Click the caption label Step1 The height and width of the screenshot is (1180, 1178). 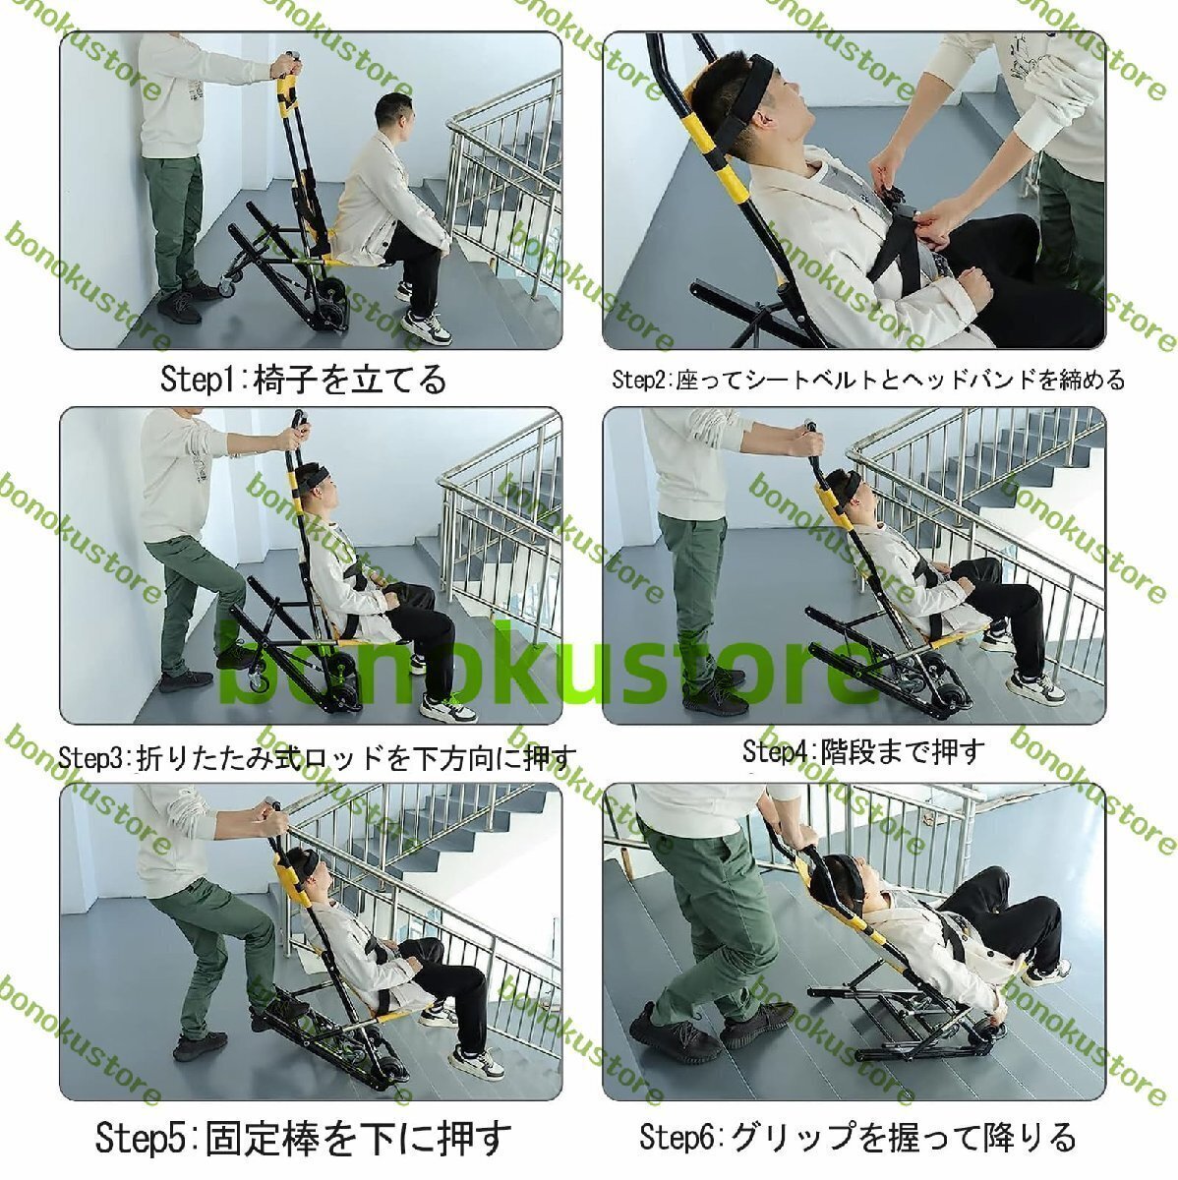pyautogui.click(x=201, y=379)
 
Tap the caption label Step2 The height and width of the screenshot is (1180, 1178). pyautogui.click(x=640, y=379)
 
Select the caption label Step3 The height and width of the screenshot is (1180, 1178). pyautogui.click(x=90, y=758)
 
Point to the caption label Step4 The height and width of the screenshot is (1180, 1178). pyautogui.click(x=777, y=752)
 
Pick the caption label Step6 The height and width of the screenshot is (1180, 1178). pyautogui.click(x=677, y=1137)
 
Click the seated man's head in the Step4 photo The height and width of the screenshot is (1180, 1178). pyautogui.click(x=844, y=489)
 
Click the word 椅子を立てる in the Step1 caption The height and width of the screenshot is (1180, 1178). pyautogui.click(x=349, y=379)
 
